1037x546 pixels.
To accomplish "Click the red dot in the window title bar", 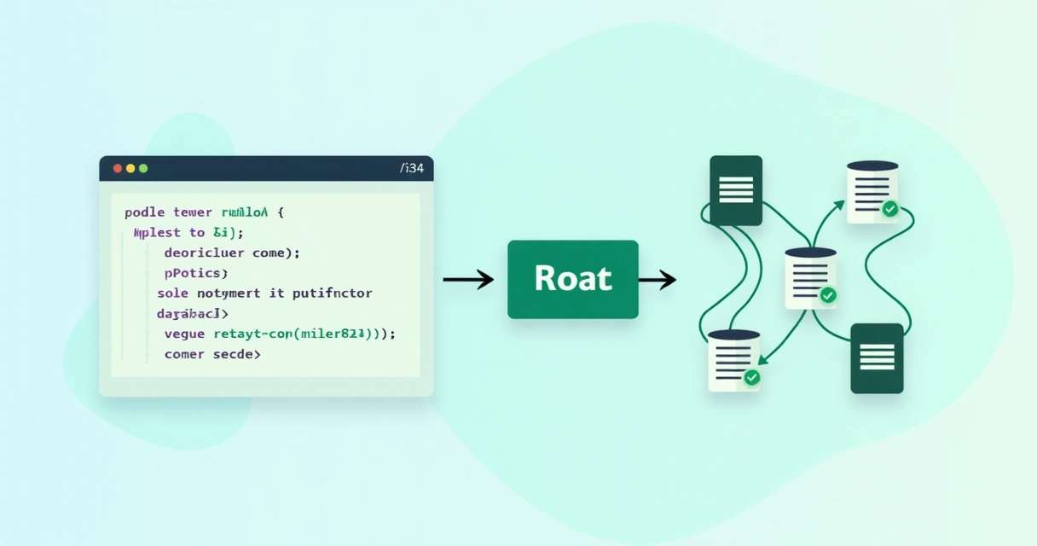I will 117,168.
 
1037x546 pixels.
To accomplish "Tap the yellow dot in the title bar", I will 130,168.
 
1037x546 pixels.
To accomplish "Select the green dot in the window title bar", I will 143,168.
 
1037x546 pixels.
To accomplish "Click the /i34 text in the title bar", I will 411,168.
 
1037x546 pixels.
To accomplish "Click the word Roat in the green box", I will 573,279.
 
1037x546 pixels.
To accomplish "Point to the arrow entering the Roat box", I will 468,279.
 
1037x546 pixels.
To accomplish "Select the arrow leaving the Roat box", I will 657,279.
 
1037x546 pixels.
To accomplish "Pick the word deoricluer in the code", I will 204,253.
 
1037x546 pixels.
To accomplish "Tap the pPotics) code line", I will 196,273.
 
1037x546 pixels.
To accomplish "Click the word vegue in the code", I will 185,334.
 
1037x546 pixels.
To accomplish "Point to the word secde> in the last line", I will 237,354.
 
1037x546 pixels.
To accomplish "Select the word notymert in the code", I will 230,293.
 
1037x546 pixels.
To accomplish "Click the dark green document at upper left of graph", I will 736,190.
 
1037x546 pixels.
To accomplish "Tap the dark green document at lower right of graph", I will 877,358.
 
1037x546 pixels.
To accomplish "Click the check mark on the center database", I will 827,295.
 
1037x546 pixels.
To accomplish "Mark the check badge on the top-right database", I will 889,209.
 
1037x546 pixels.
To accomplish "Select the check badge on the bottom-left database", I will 751,377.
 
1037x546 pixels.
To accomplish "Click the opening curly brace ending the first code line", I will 280,212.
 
